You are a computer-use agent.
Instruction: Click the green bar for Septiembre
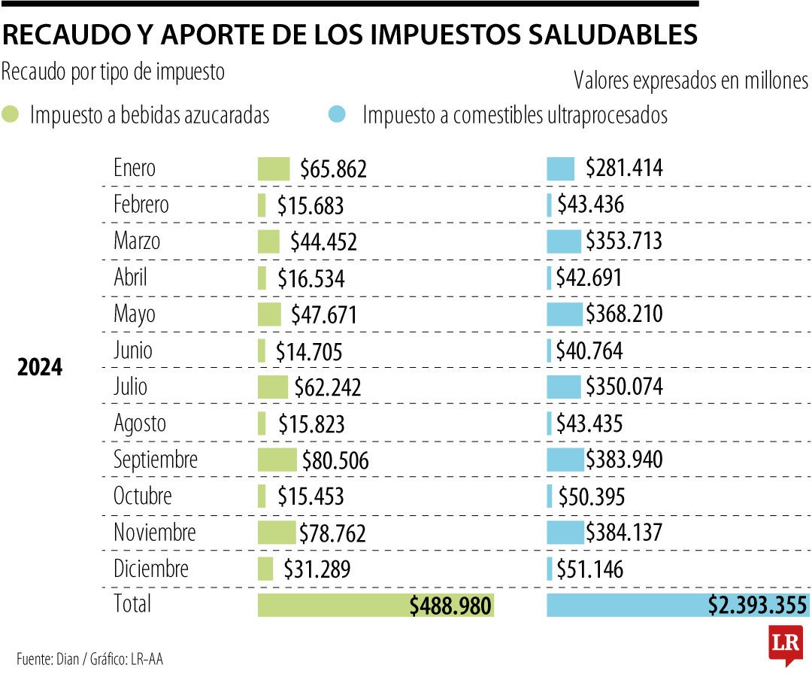point(277,460)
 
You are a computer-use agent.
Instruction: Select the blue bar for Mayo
point(564,314)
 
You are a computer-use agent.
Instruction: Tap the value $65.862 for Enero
point(333,169)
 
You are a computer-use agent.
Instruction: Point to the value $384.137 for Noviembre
point(624,533)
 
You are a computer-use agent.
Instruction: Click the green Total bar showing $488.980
point(375,605)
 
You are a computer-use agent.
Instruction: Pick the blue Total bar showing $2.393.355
point(677,605)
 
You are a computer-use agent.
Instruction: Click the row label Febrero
point(141,205)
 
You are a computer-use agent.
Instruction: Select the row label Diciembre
point(150,569)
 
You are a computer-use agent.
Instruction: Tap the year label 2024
point(41,369)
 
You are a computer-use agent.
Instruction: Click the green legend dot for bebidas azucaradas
point(11,115)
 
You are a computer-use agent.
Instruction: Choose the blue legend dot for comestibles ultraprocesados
point(338,115)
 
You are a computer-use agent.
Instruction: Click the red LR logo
point(785,644)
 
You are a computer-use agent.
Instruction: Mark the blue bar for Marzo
point(563,241)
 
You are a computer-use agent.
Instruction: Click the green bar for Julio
point(272,387)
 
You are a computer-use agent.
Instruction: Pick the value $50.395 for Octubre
point(592,496)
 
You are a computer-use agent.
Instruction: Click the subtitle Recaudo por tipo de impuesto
point(114,71)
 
